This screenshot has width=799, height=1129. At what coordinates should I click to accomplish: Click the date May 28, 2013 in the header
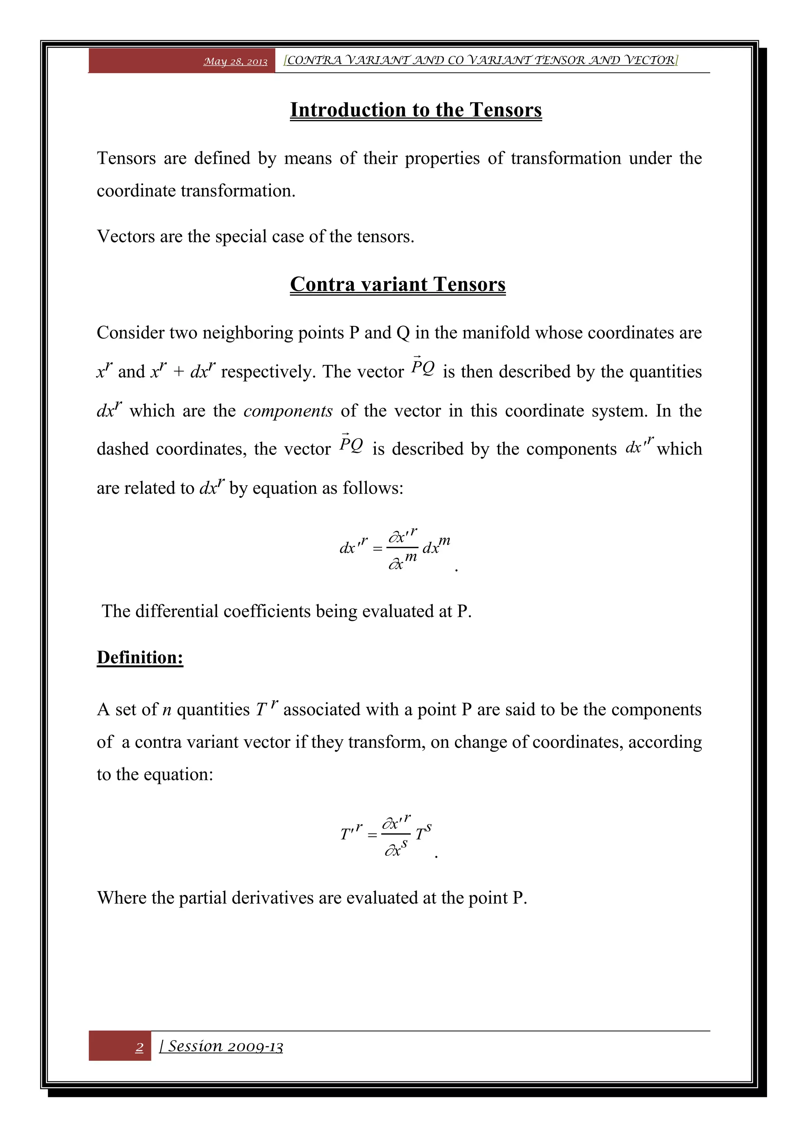point(235,62)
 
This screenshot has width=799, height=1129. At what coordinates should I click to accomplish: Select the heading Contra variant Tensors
point(398,284)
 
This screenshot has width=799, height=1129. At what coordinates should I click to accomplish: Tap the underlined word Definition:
point(140,657)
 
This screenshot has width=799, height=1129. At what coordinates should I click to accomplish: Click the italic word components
point(288,411)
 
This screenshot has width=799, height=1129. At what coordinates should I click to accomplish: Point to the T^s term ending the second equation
point(423,833)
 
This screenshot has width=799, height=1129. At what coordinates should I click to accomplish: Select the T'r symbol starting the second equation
point(351,833)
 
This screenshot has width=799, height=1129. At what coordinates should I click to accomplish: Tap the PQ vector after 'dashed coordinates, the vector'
point(351,444)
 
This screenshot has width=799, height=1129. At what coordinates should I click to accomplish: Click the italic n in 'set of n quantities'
point(167,710)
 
